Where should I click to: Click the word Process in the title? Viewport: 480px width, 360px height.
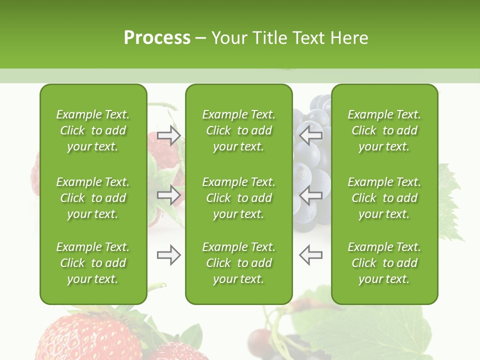(157, 38)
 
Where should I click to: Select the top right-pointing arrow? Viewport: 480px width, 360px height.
(168, 135)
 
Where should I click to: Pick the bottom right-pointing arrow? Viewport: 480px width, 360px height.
(168, 255)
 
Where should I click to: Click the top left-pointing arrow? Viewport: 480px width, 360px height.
(311, 135)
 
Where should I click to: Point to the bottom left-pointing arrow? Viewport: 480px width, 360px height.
(311, 255)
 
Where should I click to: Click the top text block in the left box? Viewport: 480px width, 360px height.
(93, 130)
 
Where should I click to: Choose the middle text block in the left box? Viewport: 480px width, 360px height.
(93, 198)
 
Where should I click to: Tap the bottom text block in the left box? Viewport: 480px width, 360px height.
(93, 263)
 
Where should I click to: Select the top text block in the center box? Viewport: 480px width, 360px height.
(238, 130)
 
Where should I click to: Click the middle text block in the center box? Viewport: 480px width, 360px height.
(238, 198)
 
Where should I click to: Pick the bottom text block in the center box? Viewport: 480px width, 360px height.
(238, 263)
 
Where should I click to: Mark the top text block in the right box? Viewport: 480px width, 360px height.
(384, 130)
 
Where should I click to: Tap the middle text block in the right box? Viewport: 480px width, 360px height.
(384, 198)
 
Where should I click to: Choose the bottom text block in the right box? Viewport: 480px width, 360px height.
(384, 263)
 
